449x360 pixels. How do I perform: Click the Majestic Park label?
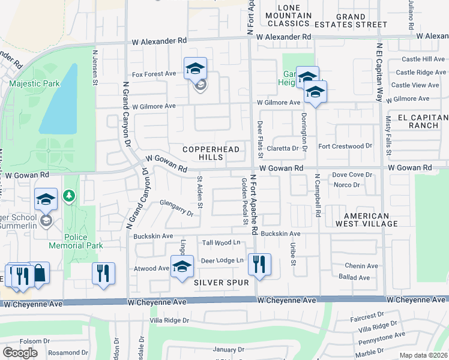34,83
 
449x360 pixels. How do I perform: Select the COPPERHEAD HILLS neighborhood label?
211,153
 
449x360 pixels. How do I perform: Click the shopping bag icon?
39,273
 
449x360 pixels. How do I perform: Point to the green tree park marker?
70,196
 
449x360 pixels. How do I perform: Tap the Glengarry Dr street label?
176,208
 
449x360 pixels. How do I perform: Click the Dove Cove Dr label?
352,175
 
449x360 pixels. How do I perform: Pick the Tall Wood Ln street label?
221,242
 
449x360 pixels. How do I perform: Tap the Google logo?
20,353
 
